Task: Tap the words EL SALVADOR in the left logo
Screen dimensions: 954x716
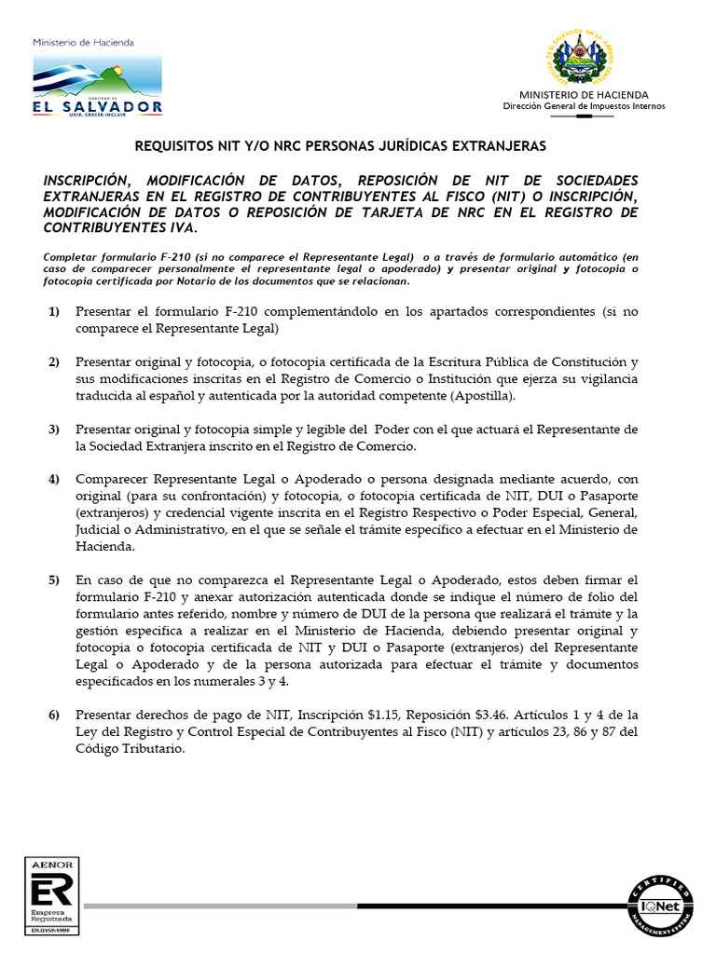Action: click(x=98, y=106)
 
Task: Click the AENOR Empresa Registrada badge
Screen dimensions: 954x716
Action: click(x=52, y=894)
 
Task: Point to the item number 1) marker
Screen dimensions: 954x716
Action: click(x=54, y=310)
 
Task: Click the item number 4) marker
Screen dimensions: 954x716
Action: click(x=54, y=478)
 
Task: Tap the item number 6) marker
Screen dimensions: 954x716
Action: click(x=54, y=714)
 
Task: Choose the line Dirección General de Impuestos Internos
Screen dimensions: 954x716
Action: click(x=584, y=106)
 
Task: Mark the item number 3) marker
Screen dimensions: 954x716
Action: click(x=54, y=429)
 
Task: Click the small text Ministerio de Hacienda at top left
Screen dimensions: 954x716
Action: click(x=83, y=43)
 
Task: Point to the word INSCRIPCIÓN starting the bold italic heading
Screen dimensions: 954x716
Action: click(x=91, y=179)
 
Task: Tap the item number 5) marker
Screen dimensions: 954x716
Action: click(x=54, y=579)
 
